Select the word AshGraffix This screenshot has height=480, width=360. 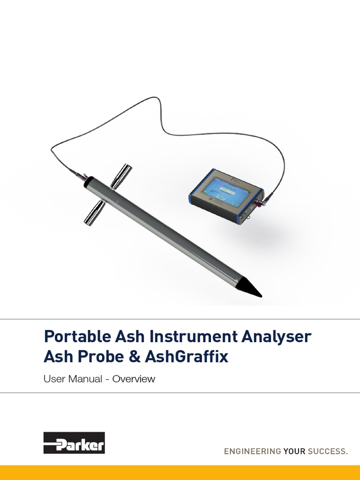tap(187, 357)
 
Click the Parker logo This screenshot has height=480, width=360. tap(74, 442)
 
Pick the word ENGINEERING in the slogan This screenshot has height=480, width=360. tap(252, 452)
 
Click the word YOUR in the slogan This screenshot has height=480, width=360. tap(294, 452)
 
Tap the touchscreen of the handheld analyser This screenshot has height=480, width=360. tap(224, 190)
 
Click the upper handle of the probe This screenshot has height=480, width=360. tap(121, 175)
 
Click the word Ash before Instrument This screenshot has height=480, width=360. tap(126, 337)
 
